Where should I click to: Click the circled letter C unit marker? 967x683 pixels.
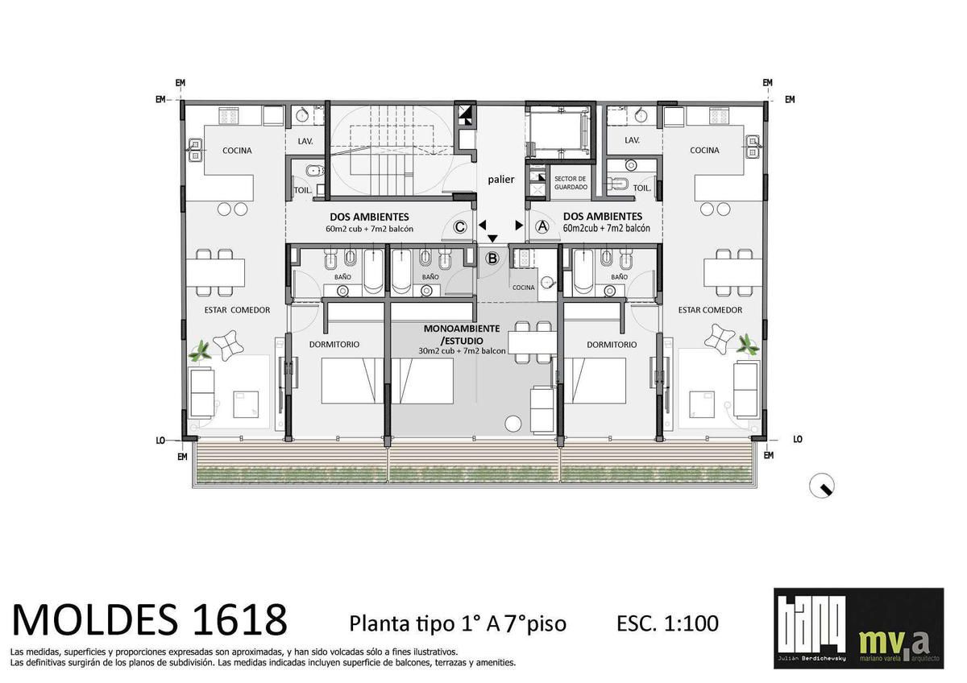(460, 227)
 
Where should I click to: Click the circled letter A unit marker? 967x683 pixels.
(542, 226)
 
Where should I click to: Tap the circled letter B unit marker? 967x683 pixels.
(492, 259)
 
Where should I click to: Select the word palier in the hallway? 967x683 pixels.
(500, 179)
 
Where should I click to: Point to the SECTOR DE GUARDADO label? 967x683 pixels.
(571, 183)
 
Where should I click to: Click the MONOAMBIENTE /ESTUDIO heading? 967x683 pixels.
(462, 334)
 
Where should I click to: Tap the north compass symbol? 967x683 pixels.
(822, 486)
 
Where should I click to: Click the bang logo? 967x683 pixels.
(811, 627)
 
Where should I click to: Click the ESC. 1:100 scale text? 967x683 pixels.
(667, 623)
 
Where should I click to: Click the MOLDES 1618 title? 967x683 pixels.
(149, 619)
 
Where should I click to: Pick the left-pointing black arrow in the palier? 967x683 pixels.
(482, 226)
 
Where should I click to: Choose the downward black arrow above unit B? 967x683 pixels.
(492, 238)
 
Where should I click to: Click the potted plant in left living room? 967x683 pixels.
(200, 351)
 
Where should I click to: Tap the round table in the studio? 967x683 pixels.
(513, 424)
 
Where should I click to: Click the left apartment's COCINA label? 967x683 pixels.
(237, 151)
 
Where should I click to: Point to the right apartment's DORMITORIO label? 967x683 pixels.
(612, 345)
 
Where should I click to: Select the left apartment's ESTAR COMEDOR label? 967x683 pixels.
(237, 310)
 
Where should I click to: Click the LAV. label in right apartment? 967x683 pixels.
(632, 140)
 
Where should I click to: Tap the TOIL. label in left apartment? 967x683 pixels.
(302, 190)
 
